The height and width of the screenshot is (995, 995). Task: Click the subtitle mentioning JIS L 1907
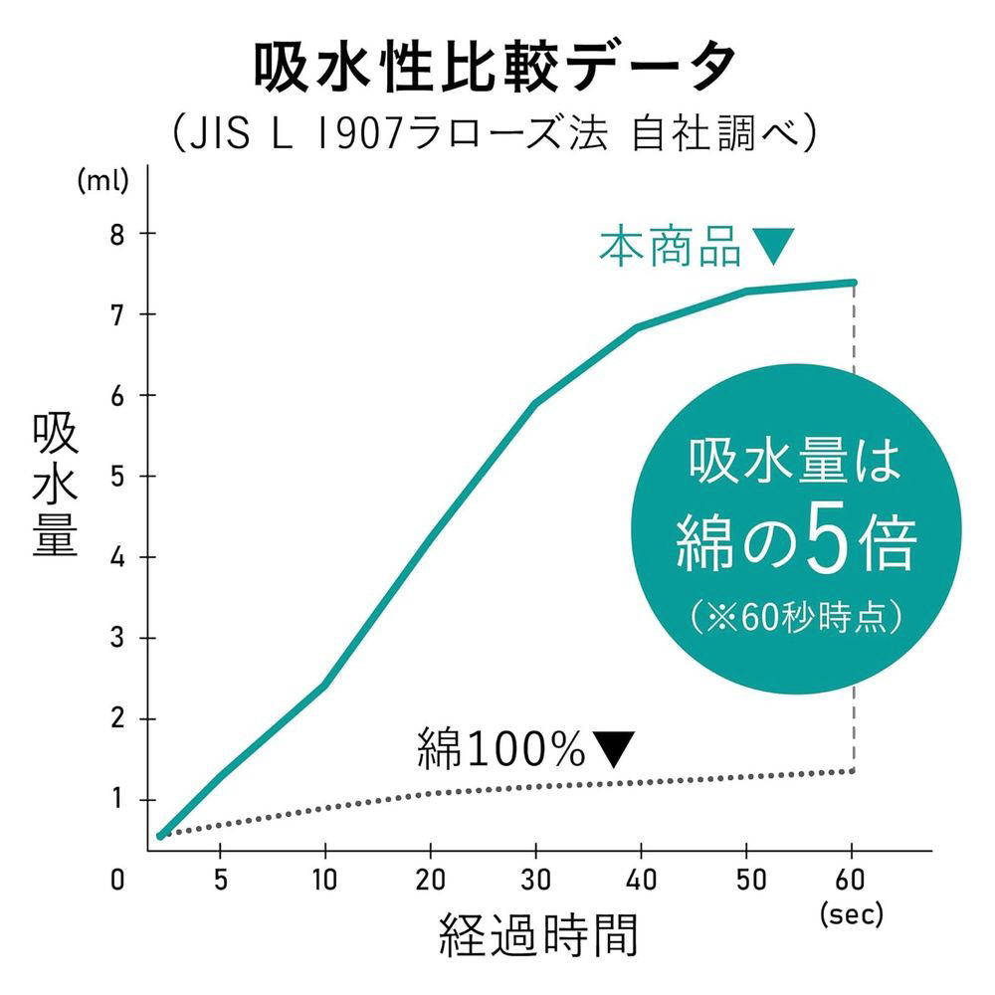(496, 133)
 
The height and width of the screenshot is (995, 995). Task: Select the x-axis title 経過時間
(538, 935)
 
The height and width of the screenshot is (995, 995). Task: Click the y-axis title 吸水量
(56, 486)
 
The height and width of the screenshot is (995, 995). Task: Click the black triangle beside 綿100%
(613, 749)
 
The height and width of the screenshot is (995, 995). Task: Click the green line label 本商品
(670, 247)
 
